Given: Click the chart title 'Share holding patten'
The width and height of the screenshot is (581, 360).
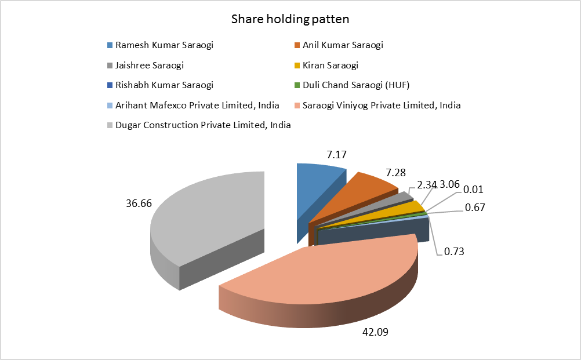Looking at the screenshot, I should [290, 19].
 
